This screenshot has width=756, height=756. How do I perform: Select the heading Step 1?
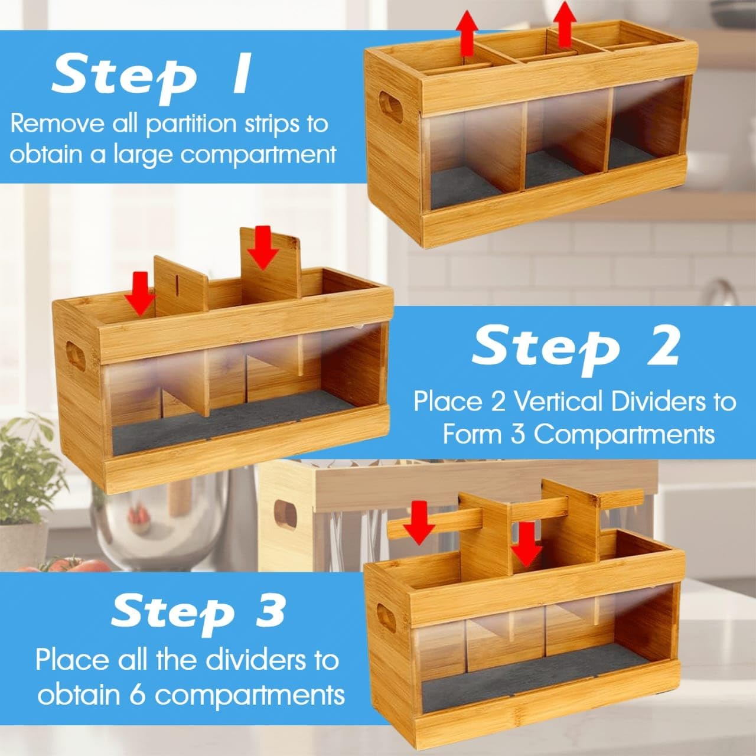click(151, 75)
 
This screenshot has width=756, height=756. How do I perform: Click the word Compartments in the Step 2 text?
click(625, 435)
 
